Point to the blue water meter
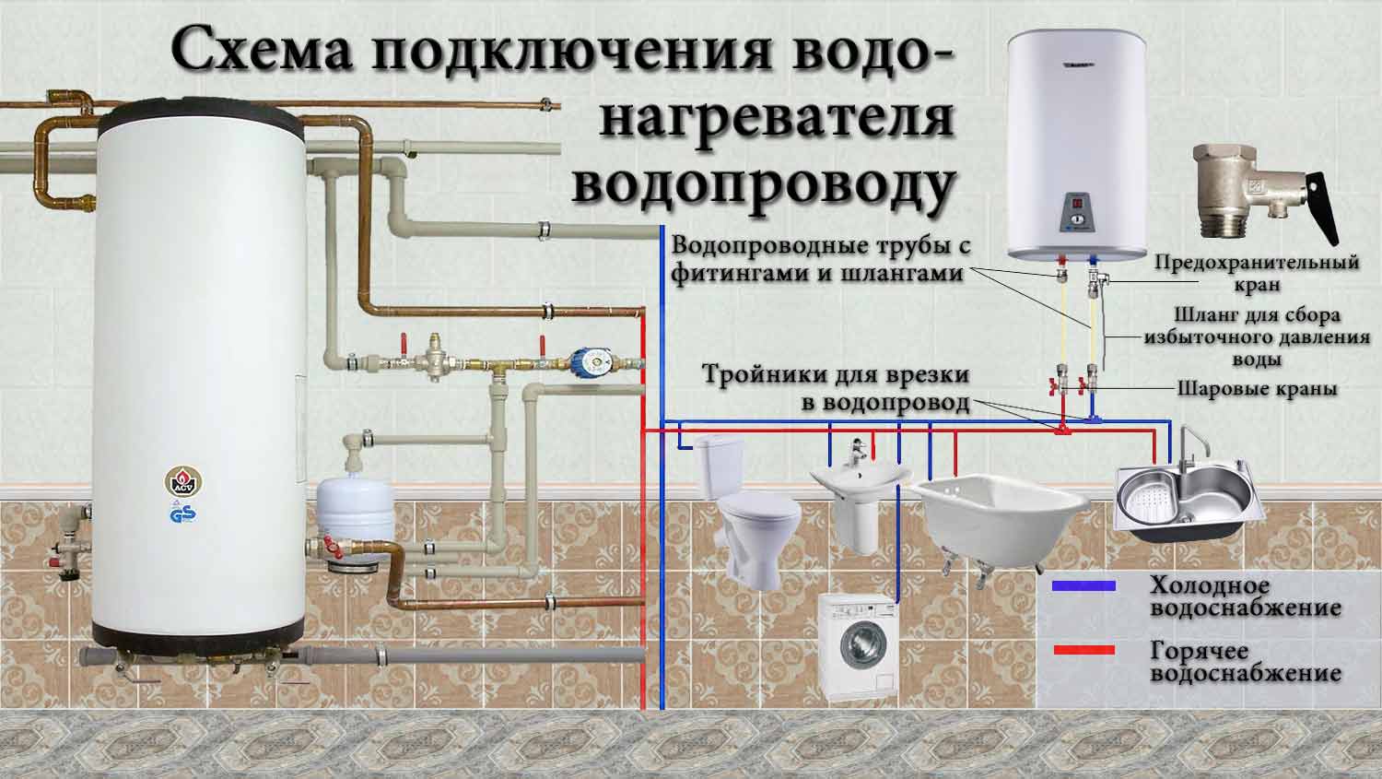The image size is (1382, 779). [591, 363]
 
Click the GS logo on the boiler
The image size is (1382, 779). [183, 513]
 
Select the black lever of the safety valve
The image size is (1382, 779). [1322, 207]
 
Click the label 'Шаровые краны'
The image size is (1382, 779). [1258, 389]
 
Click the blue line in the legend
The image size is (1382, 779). [1084, 585]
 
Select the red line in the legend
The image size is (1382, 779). [1084, 650]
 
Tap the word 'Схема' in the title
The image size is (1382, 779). [263, 50]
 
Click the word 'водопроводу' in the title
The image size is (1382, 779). [764, 184]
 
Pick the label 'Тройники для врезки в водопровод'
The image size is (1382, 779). [836, 388]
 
